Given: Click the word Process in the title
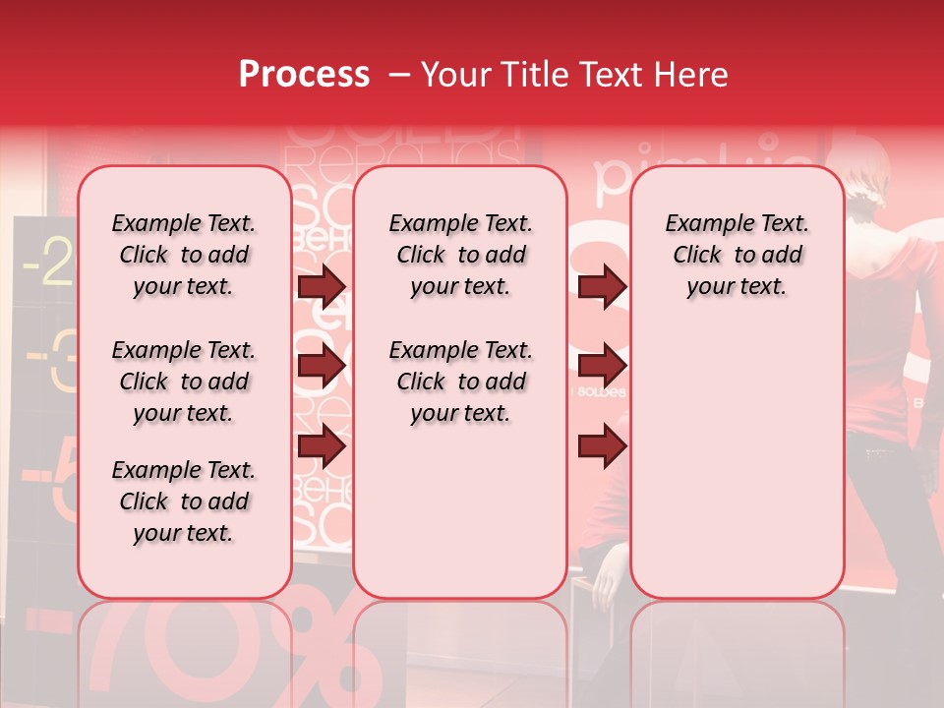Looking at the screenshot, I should tap(303, 75).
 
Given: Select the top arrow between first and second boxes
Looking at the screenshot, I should tap(322, 286).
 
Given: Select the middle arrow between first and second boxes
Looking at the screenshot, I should tap(322, 367).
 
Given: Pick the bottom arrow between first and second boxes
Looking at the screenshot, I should tap(322, 447).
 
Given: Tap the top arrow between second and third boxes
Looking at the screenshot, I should tap(603, 286).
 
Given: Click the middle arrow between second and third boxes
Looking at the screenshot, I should tap(603, 367).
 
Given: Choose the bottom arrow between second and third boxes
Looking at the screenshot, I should tap(603, 447).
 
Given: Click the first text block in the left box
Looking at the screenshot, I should tap(184, 255).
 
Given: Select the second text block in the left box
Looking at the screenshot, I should tap(184, 382).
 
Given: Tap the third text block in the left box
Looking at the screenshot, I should tap(184, 501).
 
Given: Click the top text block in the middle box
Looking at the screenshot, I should tap(460, 255).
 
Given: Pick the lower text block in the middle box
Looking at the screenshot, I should tap(460, 382).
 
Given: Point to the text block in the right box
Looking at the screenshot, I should tap(737, 255).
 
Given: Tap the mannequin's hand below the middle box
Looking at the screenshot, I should tap(611, 570).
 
